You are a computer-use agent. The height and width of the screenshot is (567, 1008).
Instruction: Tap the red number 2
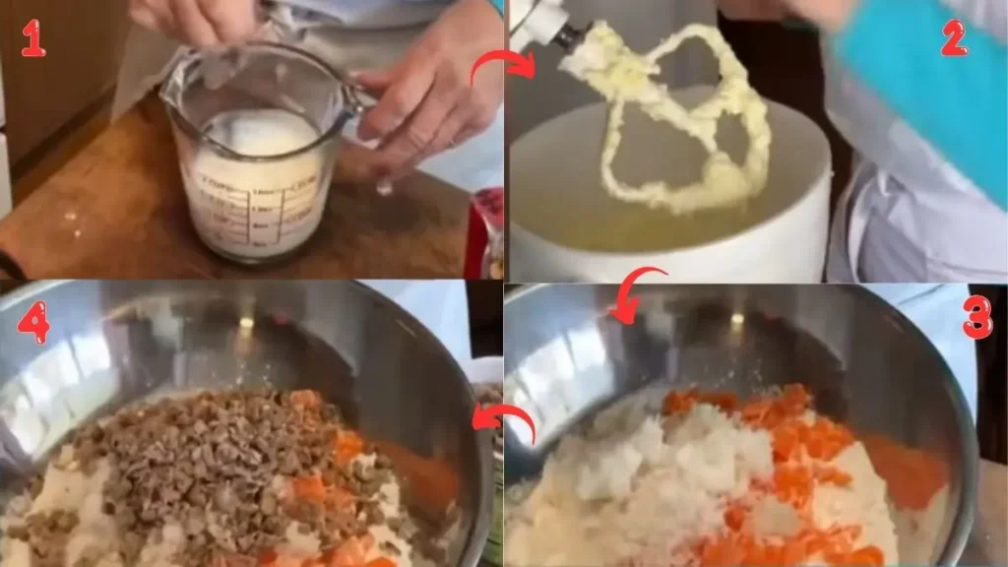click(953, 37)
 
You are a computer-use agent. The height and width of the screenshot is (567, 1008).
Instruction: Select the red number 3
click(976, 318)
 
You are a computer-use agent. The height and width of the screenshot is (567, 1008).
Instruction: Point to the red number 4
click(33, 322)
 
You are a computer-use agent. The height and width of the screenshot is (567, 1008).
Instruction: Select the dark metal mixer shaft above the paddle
click(565, 33)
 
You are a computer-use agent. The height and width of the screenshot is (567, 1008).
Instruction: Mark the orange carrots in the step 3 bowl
click(787, 443)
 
